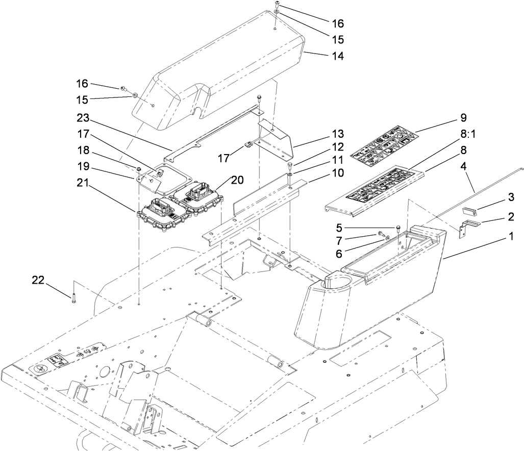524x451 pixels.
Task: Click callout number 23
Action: tap(83, 118)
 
